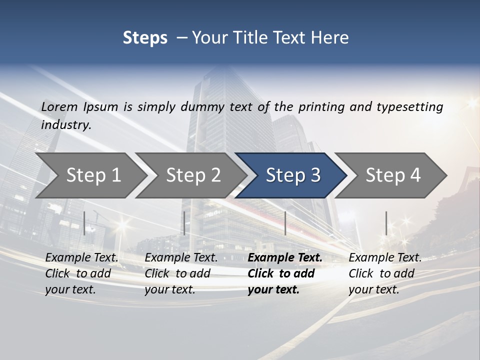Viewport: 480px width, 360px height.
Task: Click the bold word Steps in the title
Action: point(145,37)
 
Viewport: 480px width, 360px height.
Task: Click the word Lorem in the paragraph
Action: point(59,106)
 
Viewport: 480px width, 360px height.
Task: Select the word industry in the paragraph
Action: point(66,124)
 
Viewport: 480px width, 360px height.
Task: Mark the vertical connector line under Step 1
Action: point(84,223)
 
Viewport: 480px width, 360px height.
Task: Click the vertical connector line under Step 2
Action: point(184,223)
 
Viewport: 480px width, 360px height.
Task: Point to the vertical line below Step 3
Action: point(285,223)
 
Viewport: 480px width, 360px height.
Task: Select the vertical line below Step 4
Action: point(386,223)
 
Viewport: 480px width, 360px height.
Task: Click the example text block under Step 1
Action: point(81,273)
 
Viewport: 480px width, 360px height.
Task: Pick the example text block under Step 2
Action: point(181,273)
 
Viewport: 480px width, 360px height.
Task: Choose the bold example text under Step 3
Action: point(285,273)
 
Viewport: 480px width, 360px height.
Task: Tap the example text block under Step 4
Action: point(385,273)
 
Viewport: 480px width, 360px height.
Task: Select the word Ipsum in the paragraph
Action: point(101,106)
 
